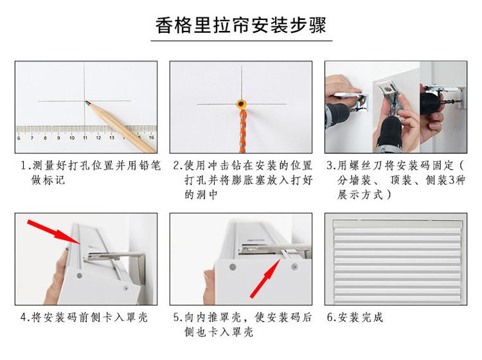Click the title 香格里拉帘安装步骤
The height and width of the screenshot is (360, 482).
241,25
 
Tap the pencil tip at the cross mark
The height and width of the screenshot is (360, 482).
86,102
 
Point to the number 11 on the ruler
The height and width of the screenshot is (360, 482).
85,138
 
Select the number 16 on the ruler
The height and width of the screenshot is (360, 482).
151,138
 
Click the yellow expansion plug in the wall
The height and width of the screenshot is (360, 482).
242,104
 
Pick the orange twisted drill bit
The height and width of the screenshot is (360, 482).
242,131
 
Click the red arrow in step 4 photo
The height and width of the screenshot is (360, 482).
54,232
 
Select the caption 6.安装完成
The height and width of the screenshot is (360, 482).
355,318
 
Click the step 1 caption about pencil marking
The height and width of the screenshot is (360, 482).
91,172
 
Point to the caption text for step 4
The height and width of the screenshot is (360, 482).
84,318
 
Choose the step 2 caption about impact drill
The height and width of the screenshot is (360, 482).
243,180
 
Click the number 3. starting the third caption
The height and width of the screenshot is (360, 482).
332,165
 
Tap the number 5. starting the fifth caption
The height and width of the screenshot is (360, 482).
178,318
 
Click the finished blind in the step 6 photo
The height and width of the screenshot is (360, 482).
397,259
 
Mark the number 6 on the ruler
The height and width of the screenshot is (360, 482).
19,138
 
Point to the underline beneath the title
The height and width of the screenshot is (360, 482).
241,40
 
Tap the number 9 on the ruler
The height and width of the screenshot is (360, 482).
58,138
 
